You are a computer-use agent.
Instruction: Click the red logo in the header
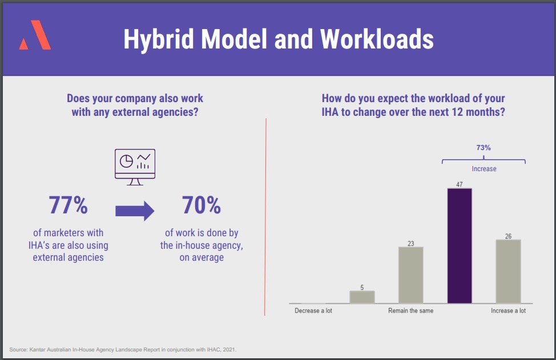tap(35, 35)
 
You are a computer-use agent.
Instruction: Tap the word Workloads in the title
tap(377, 39)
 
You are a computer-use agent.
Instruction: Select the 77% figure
tap(68, 205)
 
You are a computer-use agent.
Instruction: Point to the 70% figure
tap(202, 205)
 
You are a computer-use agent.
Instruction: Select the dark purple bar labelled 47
tap(460, 245)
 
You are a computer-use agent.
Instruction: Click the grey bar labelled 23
tap(410, 275)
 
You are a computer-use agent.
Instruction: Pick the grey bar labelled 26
tap(508, 271)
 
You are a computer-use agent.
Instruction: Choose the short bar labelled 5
tap(362, 297)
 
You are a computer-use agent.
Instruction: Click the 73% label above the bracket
tap(484, 148)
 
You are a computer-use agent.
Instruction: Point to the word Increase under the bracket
tap(484, 169)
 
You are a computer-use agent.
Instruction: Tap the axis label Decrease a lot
tap(313, 311)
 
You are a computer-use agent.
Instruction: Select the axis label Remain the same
tap(410, 311)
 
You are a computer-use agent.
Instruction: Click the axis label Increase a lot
tap(508, 311)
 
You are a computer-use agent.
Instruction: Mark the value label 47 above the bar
tap(460, 184)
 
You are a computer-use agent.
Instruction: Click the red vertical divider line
tap(265, 217)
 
